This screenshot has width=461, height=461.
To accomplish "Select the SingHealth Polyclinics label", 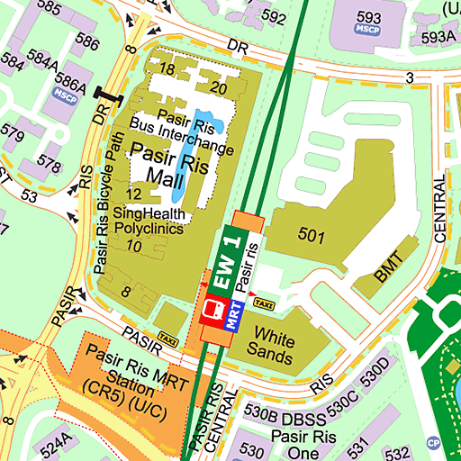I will [x=161, y=221].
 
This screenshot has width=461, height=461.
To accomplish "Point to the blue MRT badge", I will [x=234, y=314].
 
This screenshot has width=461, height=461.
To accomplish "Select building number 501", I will [x=311, y=236].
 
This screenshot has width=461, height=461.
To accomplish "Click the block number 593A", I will [x=438, y=37].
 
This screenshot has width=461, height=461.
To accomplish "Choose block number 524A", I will [x=54, y=444].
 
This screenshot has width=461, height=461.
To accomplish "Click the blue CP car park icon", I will [x=433, y=442].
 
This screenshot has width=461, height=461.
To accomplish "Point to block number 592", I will [x=273, y=16].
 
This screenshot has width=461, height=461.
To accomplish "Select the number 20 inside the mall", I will [x=218, y=87].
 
